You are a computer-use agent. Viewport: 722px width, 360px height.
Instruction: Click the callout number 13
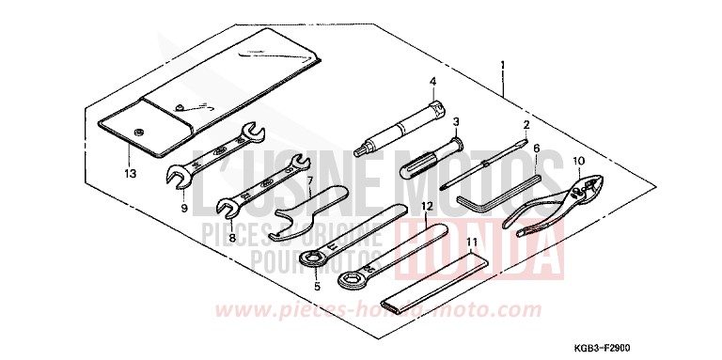tap(129, 172)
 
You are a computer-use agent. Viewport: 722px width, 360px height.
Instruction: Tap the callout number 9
tap(185, 206)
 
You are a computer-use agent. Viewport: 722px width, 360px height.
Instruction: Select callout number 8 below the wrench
tap(232, 239)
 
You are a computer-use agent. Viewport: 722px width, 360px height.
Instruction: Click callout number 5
tap(318, 285)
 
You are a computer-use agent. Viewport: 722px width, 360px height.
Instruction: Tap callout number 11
tap(471, 242)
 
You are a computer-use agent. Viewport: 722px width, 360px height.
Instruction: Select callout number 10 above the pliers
tap(578, 161)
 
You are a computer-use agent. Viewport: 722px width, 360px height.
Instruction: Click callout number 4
tap(433, 82)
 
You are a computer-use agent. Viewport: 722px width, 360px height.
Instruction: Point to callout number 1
tap(503, 65)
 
